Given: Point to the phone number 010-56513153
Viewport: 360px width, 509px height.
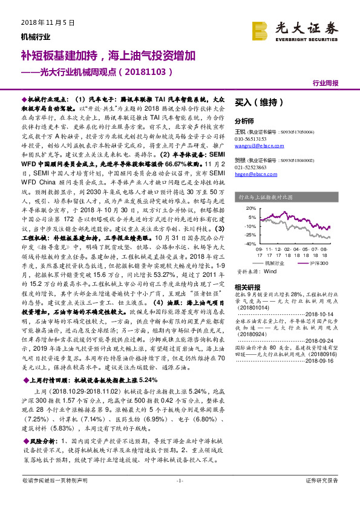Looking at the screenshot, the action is coord(252,138).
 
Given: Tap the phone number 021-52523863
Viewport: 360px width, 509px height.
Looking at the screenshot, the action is coord(252,165).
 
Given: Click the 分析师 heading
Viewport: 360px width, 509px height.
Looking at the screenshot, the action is coord(244,120).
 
